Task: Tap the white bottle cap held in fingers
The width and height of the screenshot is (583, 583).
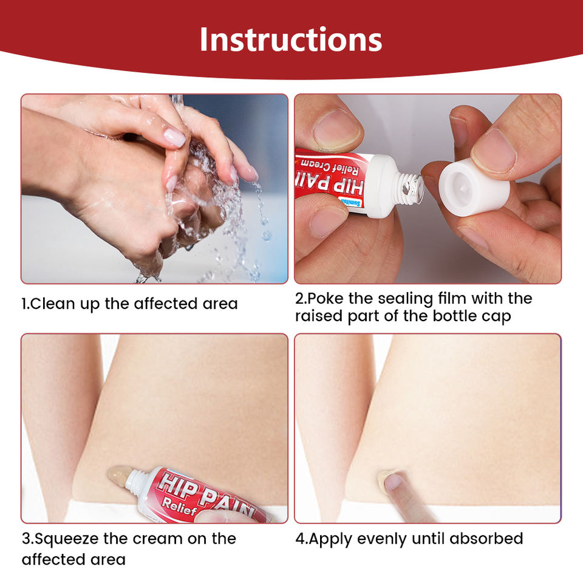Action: (474, 187)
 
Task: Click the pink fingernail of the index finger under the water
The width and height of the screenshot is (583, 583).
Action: (175, 137)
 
